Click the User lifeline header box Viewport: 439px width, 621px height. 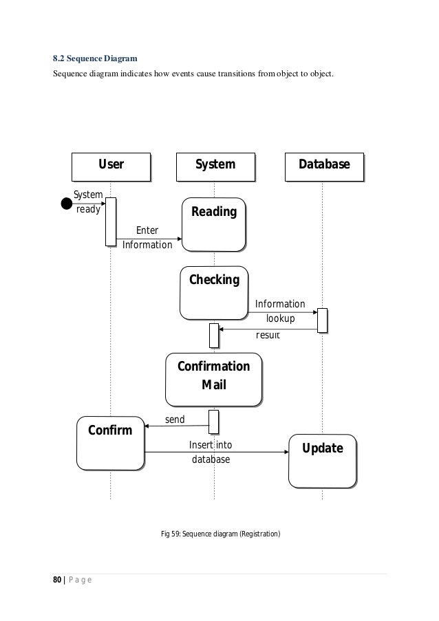[x=111, y=165]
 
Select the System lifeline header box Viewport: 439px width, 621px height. [x=215, y=165]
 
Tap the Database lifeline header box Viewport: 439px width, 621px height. [x=323, y=165]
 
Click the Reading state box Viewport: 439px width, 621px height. [x=213, y=224]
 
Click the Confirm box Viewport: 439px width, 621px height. [x=110, y=443]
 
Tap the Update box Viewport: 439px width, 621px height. [x=323, y=459]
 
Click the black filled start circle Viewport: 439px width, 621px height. [x=67, y=204]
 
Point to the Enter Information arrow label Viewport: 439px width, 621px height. [x=147, y=237]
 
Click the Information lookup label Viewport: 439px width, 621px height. [x=280, y=311]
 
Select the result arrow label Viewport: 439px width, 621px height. [x=268, y=336]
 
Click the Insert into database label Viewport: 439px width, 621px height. [x=211, y=452]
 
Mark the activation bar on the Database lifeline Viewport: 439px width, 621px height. [x=322, y=320]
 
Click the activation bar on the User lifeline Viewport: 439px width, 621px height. [x=110, y=221]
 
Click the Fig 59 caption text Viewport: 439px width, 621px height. [x=220, y=534]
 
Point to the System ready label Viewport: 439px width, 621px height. [x=87, y=203]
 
